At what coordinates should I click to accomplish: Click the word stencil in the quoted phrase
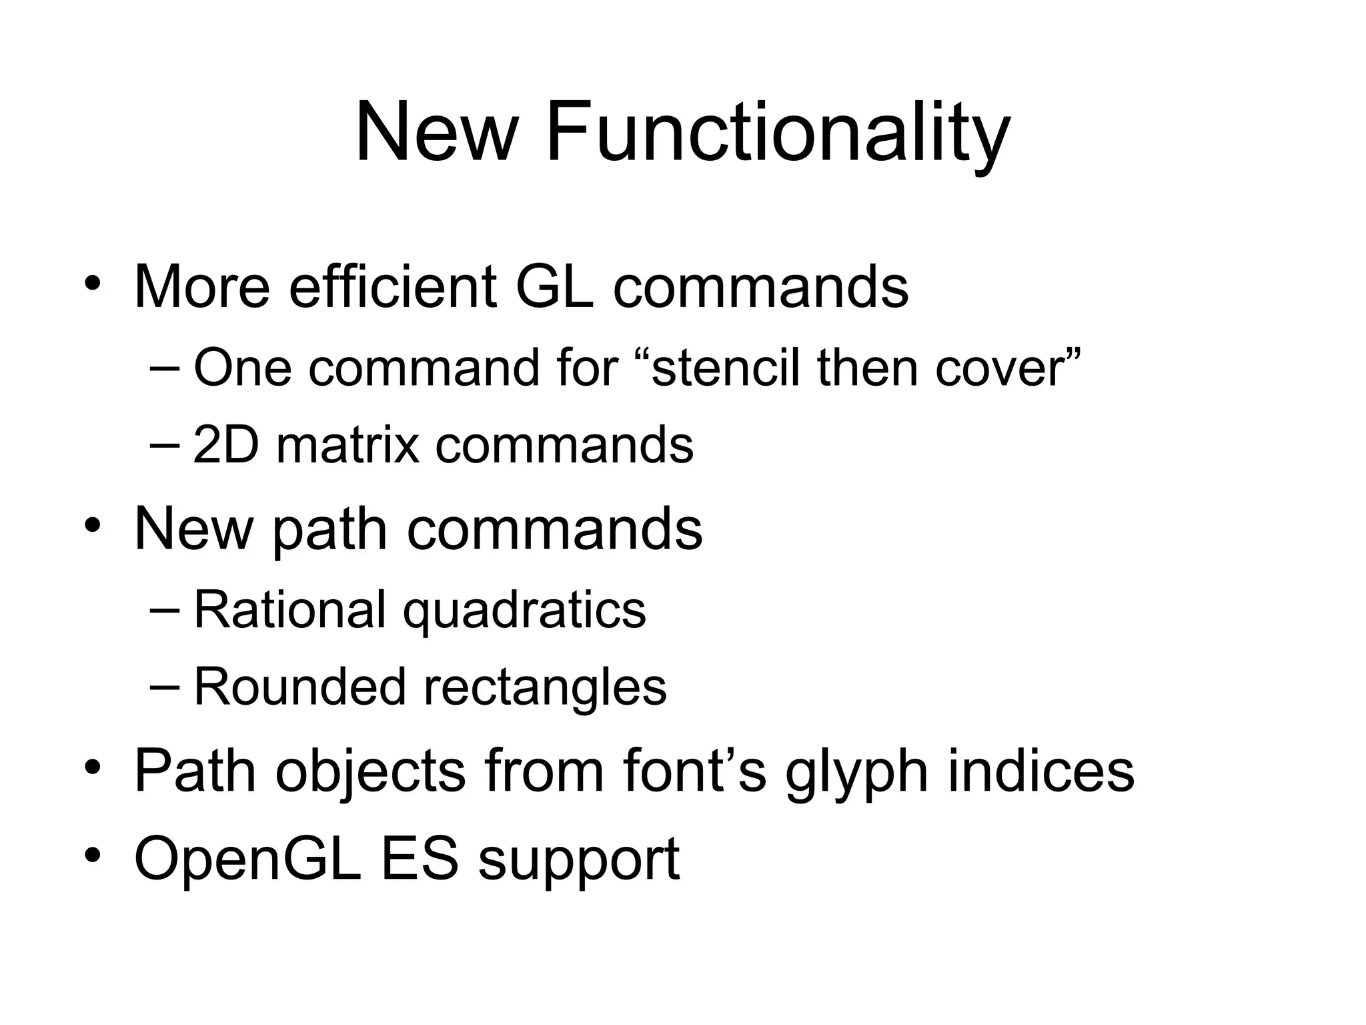[724, 368]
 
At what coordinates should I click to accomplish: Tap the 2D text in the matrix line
[225, 445]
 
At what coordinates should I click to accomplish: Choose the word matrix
[348, 445]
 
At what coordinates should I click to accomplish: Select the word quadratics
[524, 609]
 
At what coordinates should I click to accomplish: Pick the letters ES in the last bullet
[419, 859]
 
